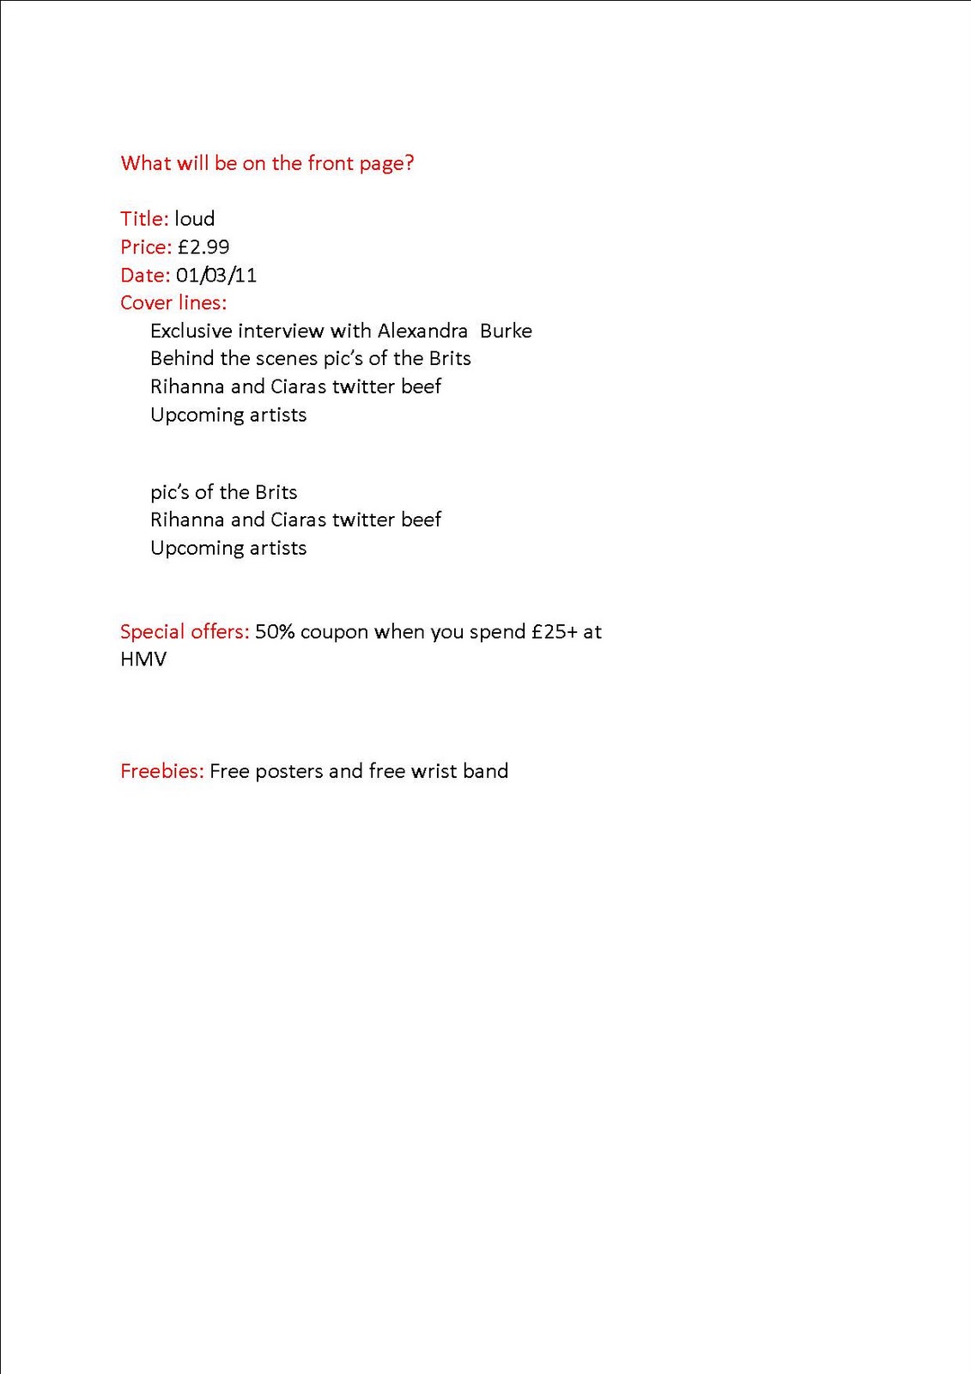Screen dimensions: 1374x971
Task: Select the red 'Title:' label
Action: [x=144, y=219]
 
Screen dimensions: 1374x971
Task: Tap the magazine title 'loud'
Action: [x=194, y=219]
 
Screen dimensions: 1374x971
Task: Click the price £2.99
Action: [x=203, y=247]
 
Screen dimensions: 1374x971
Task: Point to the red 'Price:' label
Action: [x=146, y=247]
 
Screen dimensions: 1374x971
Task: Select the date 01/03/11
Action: [x=216, y=276]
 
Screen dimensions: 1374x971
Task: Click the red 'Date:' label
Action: [x=145, y=276]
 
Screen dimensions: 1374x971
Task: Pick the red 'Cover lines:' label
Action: [x=173, y=303]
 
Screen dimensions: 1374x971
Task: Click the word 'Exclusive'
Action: [x=191, y=331]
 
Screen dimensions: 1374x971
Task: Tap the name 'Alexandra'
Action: [x=422, y=331]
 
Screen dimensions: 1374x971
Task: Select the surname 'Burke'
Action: [x=506, y=331]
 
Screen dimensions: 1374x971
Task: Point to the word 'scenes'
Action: [x=287, y=359]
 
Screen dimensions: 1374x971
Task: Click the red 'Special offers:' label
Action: [x=185, y=632]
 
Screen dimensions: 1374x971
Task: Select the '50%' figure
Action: [x=275, y=632]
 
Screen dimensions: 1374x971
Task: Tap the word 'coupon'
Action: [x=334, y=633]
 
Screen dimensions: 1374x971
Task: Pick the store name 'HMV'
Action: [x=143, y=660]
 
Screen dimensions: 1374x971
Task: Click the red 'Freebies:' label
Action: [x=162, y=771]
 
